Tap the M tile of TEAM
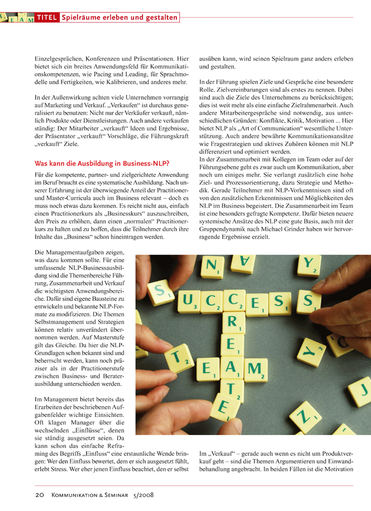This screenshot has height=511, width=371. pyautogui.click(x=255, y=370)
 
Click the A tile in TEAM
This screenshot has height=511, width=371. pyautogui.click(x=232, y=367)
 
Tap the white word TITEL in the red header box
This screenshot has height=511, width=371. pyautogui.click(x=47, y=18)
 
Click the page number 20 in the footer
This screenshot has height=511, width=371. pyautogui.click(x=40, y=495)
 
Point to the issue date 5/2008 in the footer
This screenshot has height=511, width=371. pyautogui.click(x=144, y=495)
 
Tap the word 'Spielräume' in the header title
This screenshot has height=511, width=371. pyautogui.click(x=83, y=18)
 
